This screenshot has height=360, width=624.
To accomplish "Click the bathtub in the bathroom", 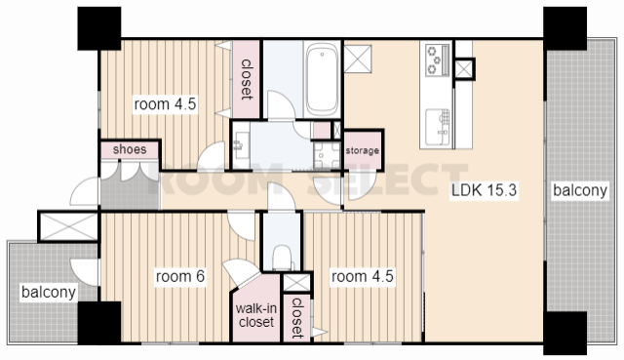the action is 322,79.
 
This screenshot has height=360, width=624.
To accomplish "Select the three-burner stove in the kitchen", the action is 438,60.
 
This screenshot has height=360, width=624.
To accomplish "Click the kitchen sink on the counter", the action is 438,128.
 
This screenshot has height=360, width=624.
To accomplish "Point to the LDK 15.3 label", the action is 484,190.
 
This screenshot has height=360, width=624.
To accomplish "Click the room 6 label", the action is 180,276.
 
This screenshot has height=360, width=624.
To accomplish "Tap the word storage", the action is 362,150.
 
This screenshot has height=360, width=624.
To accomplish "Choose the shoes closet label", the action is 130,149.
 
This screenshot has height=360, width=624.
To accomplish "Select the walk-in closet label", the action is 256,315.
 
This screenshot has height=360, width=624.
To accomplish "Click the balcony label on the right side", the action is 580,190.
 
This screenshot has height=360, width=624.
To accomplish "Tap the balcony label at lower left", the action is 49,292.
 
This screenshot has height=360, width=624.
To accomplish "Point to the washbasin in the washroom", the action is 240,145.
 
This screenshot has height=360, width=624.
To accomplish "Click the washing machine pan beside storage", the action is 327,155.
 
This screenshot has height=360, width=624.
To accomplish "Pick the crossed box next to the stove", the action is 464,69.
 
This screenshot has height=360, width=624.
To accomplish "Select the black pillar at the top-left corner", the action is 99,28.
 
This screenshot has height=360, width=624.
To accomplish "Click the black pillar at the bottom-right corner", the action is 565,334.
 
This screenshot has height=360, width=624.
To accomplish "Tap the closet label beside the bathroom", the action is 247,79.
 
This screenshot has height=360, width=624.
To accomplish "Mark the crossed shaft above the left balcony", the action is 68,227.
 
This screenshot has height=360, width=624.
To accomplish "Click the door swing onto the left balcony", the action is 85,272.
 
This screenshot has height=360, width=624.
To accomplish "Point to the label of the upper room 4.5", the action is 165,104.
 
